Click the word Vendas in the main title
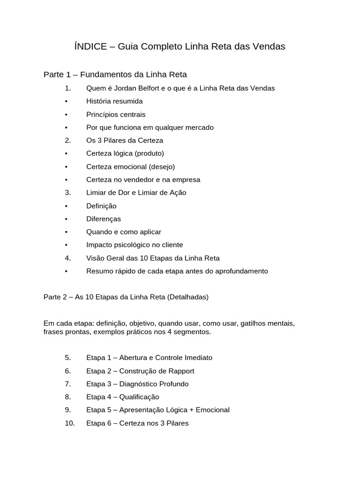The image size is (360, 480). pos(268,46)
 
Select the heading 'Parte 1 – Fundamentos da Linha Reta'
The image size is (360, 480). pos(115,75)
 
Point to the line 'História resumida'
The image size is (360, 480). pos(114,101)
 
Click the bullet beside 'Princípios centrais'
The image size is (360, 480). pos(67,114)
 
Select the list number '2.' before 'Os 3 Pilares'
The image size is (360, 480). pos(68,140)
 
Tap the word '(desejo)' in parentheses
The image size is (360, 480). pos(162,166)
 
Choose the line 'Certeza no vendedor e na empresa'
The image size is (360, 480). pos(143,180)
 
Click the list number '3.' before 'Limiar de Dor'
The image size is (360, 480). pos(68,192)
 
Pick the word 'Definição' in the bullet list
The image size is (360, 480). pos(101,206)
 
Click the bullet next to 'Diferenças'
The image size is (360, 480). pos(67,219)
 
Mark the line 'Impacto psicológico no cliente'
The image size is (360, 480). pos(135,245)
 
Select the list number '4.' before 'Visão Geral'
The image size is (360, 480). pos(68,258)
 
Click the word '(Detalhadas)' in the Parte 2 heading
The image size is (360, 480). pos(187,297)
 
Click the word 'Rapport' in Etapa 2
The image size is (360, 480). pos(180,371)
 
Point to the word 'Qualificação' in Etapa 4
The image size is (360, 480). pos(139,397)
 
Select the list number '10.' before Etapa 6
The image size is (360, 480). pos(70,423)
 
